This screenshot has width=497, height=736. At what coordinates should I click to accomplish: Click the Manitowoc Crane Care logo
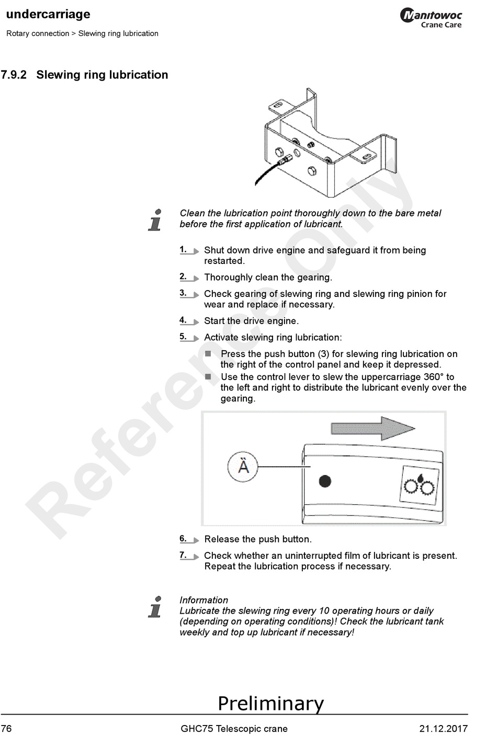tap(431, 18)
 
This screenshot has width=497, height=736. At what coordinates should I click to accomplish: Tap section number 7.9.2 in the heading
tap(14, 75)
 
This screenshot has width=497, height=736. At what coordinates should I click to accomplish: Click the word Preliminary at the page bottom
tap(270, 703)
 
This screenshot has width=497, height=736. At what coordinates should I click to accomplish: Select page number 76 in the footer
tap(6, 729)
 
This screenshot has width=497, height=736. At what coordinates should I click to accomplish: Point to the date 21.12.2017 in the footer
tap(443, 729)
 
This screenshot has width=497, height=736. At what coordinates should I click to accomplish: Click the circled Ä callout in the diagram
tap(243, 466)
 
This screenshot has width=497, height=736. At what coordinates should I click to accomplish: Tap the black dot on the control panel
tap(325, 481)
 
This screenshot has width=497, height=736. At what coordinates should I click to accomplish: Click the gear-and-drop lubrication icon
tap(419, 485)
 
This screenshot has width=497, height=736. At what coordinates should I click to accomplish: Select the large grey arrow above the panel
tap(373, 428)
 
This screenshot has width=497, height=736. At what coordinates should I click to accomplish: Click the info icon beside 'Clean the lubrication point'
tap(155, 220)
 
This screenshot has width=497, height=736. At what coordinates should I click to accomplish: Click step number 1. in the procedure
tap(183, 249)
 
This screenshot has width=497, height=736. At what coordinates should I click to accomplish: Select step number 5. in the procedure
tap(183, 337)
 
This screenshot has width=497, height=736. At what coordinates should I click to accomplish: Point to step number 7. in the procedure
tap(183, 555)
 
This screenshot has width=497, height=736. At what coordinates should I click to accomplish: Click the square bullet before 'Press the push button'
tap(208, 354)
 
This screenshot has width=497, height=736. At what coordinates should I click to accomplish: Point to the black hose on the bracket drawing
tap(267, 172)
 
